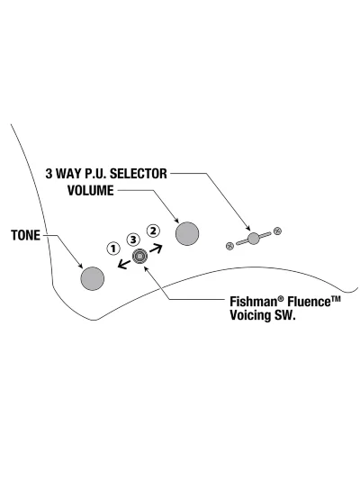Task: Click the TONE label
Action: pyautogui.click(x=26, y=235)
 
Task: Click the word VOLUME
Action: pyautogui.click(x=91, y=191)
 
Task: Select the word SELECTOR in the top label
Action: pyautogui.click(x=139, y=174)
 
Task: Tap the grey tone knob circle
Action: pyautogui.click(x=93, y=278)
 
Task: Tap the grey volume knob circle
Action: pyautogui.click(x=187, y=233)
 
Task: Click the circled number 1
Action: pyautogui.click(x=113, y=249)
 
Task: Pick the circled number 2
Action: pyautogui.click(x=153, y=231)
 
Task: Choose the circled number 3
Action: pyautogui.click(x=133, y=240)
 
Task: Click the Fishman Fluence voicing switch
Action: pyautogui.click(x=139, y=256)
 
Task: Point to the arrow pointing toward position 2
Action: pyautogui.click(x=156, y=249)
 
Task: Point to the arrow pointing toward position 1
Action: pyautogui.click(x=124, y=264)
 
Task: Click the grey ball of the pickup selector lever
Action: pyautogui.click(x=253, y=239)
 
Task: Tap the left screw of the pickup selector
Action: pyautogui.click(x=229, y=246)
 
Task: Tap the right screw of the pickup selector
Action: pyautogui.click(x=277, y=231)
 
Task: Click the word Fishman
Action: pyautogui.click(x=253, y=302)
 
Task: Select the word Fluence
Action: pyautogui.click(x=309, y=302)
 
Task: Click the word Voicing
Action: pyautogui.click(x=249, y=315)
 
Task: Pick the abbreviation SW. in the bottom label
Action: pyautogui.click(x=283, y=315)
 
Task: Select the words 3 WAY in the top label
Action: pyautogui.click(x=63, y=174)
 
